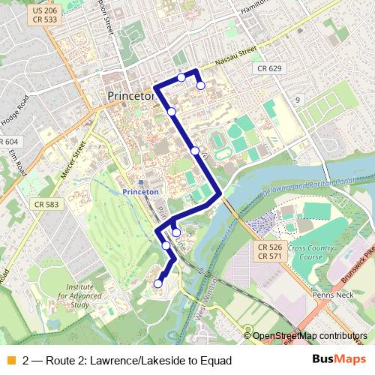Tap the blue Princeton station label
pos(140,192)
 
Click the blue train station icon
pos(140,181)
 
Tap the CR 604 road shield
pos(8,142)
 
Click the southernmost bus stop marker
pos(158,283)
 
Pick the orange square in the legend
pos(10,360)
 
